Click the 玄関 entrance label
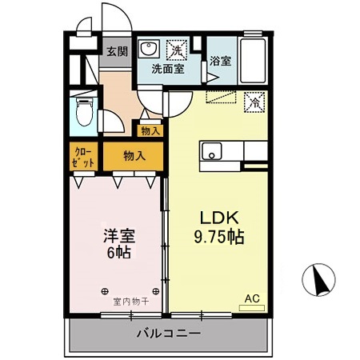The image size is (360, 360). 117,52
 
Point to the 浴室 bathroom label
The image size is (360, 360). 220,61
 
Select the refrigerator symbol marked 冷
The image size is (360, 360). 254,102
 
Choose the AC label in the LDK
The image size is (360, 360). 252,298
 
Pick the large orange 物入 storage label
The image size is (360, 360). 134,157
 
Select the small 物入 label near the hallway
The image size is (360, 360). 150,130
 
